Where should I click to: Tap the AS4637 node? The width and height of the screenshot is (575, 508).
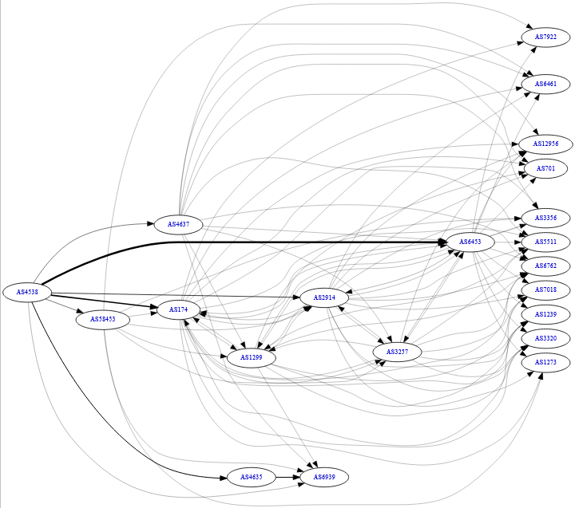[x=178, y=224]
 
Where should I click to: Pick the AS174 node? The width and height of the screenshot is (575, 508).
[x=178, y=308]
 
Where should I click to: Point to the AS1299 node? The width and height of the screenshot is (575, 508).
[x=252, y=358]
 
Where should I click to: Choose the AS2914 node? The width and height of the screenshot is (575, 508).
[x=323, y=298]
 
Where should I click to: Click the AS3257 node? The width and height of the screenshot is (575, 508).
[x=397, y=352]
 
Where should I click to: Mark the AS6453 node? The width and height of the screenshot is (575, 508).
[x=470, y=242]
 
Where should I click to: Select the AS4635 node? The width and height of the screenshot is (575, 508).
[x=251, y=477]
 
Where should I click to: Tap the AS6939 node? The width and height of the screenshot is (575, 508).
[x=324, y=477]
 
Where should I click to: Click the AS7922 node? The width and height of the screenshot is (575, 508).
[x=546, y=37]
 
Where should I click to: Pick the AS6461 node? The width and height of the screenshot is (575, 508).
[x=546, y=84]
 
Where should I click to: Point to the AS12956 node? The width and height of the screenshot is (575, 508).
[x=545, y=144]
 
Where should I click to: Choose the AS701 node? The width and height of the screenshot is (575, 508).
[x=546, y=168]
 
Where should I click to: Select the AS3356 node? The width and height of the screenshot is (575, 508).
[x=546, y=217]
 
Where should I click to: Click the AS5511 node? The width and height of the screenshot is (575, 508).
[x=546, y=241]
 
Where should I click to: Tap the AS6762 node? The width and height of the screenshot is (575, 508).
[x=546, y=266]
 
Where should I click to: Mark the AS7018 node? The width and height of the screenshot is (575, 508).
[x=546, y=289]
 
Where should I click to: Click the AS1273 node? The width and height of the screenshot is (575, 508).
[x=546, y=362]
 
